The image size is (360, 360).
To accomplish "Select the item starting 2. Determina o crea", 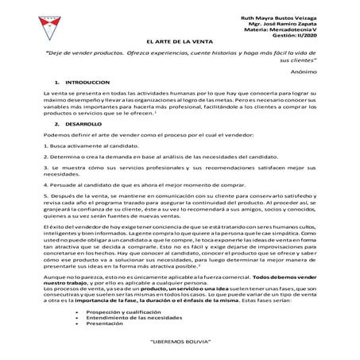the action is pyautogui.click(x=159, y=158).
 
